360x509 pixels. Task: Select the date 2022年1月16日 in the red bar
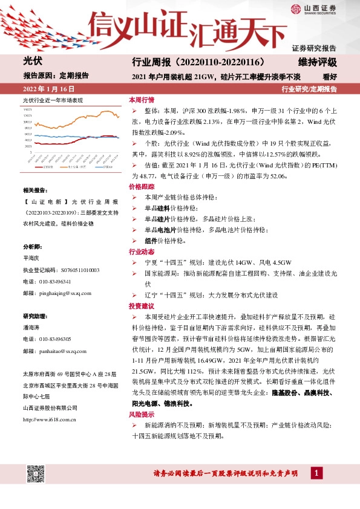tap(46, 89)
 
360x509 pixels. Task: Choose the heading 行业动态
tap(142, 251)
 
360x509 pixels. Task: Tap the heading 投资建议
tap(142, 306)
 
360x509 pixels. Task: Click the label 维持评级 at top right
tap(317, 62)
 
